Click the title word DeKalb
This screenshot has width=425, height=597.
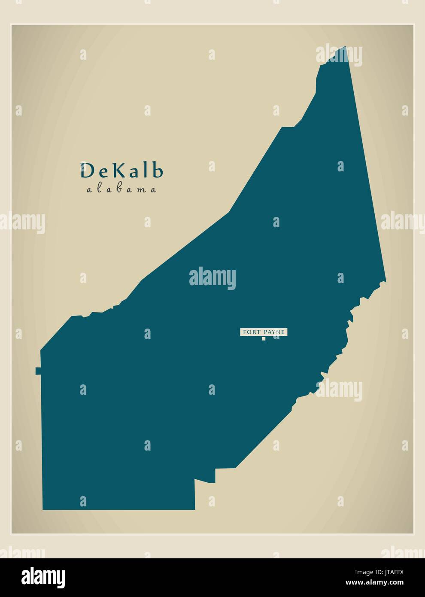point(122,171)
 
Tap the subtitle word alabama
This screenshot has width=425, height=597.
point(121,189)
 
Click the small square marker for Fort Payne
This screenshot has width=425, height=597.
point(264,338)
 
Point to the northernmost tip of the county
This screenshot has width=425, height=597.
point(345,46)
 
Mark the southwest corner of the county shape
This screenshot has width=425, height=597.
point(43,509)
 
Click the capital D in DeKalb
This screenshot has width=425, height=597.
point(88,171)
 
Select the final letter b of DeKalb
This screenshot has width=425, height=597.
point(158,171)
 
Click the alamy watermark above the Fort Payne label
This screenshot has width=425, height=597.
point(212,277)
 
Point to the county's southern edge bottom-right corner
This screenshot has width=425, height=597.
point(194,509)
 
